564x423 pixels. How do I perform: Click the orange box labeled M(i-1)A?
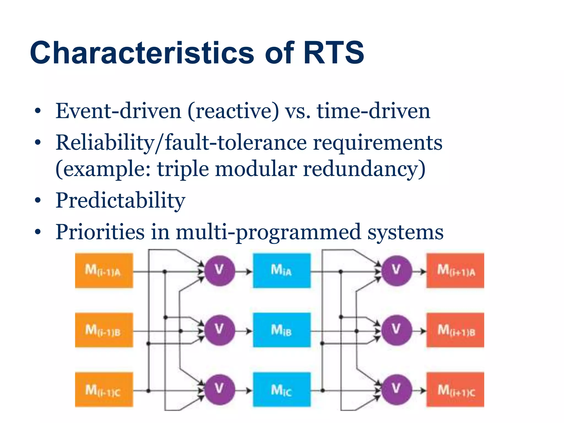click(104, 270)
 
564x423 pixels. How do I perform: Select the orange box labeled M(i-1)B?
click(104, 330)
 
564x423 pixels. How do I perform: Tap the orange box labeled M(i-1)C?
click(104, 389)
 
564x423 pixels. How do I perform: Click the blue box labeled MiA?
click(282, 270)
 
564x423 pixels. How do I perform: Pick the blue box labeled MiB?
click(282, 330)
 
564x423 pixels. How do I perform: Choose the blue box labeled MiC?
click(282, 389)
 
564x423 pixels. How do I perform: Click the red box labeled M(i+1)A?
click(455, 270)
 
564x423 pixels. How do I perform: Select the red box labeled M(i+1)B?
click(455, 330)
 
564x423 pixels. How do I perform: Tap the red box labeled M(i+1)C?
click(455, 389)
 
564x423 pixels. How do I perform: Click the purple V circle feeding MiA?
click(219, 270)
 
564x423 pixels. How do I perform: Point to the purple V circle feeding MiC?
click(219, 389)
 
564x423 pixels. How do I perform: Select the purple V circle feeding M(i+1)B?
click(396, 330)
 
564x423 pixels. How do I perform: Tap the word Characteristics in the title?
click(142, 53)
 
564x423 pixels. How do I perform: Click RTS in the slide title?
click(333, 53)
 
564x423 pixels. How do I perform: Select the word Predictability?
click(120, 200)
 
